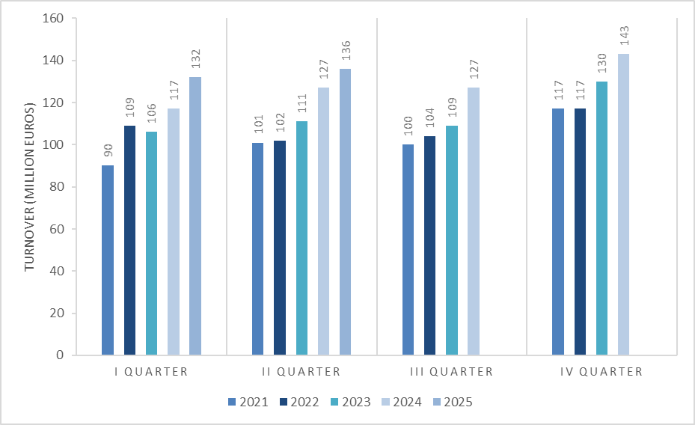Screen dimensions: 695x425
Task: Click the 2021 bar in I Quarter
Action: click(108, 260)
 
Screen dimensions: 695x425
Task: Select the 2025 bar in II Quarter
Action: click(346, 212)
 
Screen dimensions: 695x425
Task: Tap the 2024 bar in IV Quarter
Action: click(624, 204)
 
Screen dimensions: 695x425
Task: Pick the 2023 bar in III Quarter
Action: click(452, 240)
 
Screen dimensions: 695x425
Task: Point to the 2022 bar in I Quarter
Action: click(130, 240)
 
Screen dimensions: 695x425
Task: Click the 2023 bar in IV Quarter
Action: click(602, 218)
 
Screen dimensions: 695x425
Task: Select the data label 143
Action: click(624, 36)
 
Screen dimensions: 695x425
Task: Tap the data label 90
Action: click(108, 150)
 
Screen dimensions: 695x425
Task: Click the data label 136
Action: click(346, 51)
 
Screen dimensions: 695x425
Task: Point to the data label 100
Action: click(408, 126)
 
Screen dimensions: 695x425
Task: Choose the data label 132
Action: click(195, 59)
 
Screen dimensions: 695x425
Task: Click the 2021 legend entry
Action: click(248, 402)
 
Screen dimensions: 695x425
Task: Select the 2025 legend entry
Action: click(453, 402)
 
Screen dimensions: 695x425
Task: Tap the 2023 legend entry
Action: click(350, 402)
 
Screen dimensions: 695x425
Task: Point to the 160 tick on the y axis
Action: click(53, 19)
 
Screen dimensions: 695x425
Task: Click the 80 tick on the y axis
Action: click(56, 187)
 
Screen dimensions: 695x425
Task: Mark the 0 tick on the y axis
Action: click(60, 355)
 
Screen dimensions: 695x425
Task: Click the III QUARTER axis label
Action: click(451, 371)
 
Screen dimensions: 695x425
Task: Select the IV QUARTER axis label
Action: click(601, 371)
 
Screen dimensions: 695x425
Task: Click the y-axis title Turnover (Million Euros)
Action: click(30, 186)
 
